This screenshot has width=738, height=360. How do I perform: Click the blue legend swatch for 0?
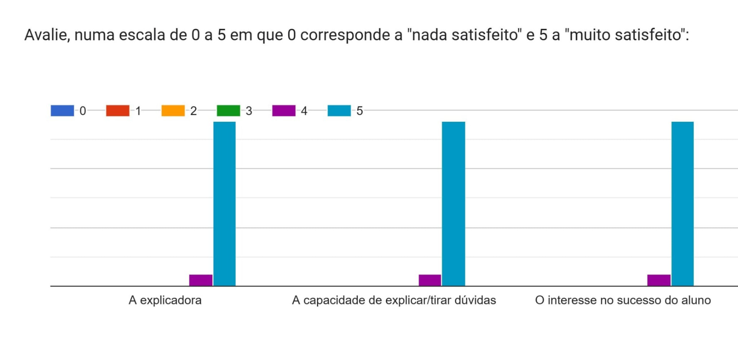click(62, 111)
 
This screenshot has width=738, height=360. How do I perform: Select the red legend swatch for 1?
click(118, 111)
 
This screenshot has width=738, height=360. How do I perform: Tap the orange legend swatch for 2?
click(173, 111)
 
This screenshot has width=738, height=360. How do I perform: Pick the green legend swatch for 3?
click(228, 111)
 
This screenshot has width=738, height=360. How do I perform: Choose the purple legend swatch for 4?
click(284, 111)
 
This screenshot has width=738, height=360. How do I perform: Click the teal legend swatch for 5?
click(339, 111)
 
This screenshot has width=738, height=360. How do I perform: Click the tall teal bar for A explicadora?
click(224, 204)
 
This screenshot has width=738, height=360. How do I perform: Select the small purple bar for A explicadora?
click(201, 280)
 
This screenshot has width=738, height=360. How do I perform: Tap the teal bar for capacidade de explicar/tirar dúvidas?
click(453, 204)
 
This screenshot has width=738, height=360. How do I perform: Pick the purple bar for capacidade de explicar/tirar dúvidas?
click(430, 280)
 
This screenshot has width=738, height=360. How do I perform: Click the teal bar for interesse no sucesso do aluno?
click(682, 204)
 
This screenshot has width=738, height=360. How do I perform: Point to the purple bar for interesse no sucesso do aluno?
click(659, 280)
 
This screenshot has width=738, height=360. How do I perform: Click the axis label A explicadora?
click(165, 300)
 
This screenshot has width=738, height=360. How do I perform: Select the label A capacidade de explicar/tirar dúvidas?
click(394, 300)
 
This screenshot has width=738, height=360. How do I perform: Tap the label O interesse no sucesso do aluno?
click(623, 300)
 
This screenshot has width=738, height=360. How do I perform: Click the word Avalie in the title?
click(47, 35)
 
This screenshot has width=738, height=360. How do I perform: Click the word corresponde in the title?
click(351, 35)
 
